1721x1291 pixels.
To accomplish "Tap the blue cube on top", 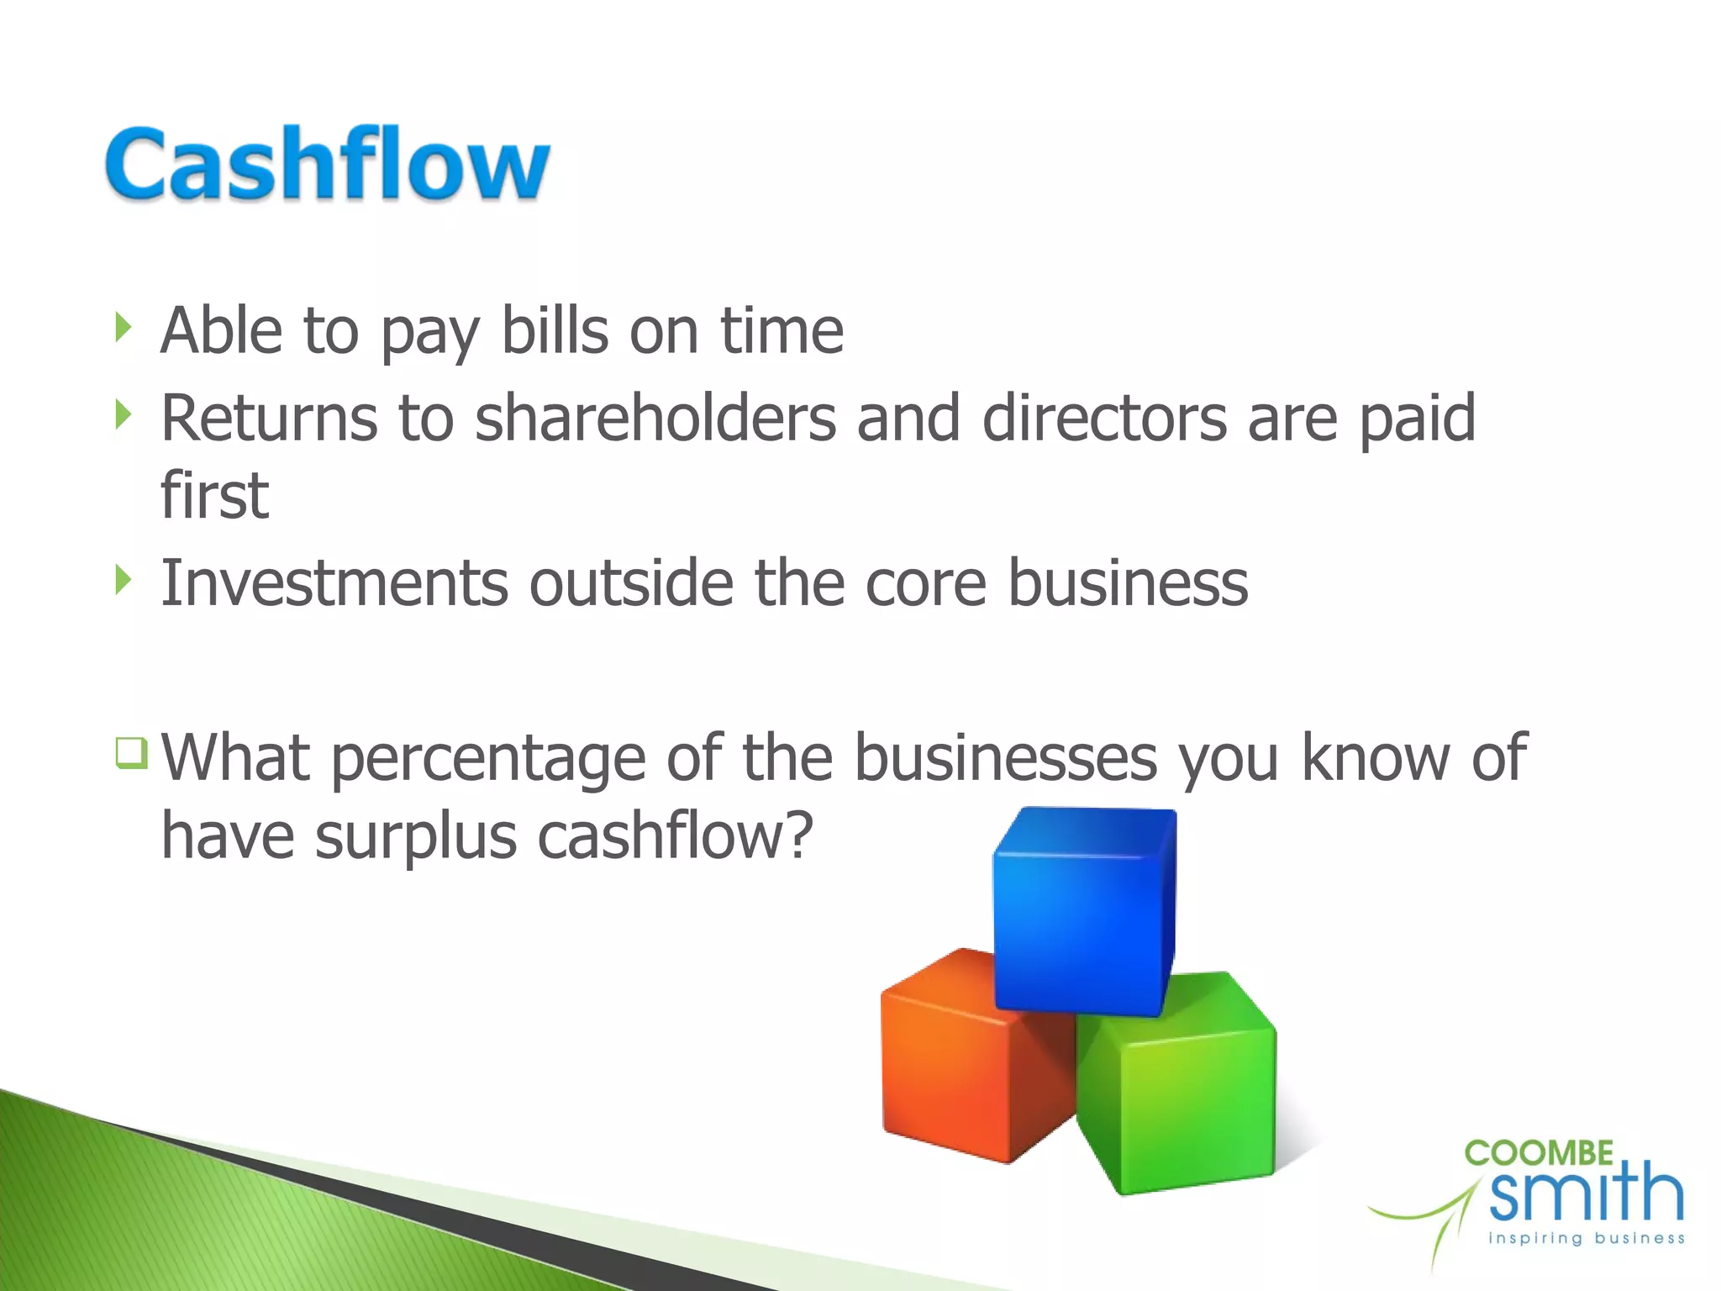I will click(1084, 912).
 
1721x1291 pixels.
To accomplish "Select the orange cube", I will click(966, 1063).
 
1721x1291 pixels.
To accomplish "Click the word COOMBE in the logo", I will click(1539, 1153).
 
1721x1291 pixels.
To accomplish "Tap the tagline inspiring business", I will click(1587, 1238).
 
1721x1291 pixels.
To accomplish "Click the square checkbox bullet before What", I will click(132, 752).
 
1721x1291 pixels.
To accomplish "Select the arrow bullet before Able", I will click(124, 327).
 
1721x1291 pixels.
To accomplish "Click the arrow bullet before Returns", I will click(124, 414).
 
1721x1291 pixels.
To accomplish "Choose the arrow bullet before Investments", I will click(124, 579).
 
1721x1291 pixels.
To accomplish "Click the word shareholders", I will click(655, 418).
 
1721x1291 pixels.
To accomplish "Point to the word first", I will click(214, 495).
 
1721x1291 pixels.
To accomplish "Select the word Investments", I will click(334, 582).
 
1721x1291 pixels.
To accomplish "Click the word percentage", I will click(488, 759).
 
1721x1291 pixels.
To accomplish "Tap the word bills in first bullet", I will click(555, 330).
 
